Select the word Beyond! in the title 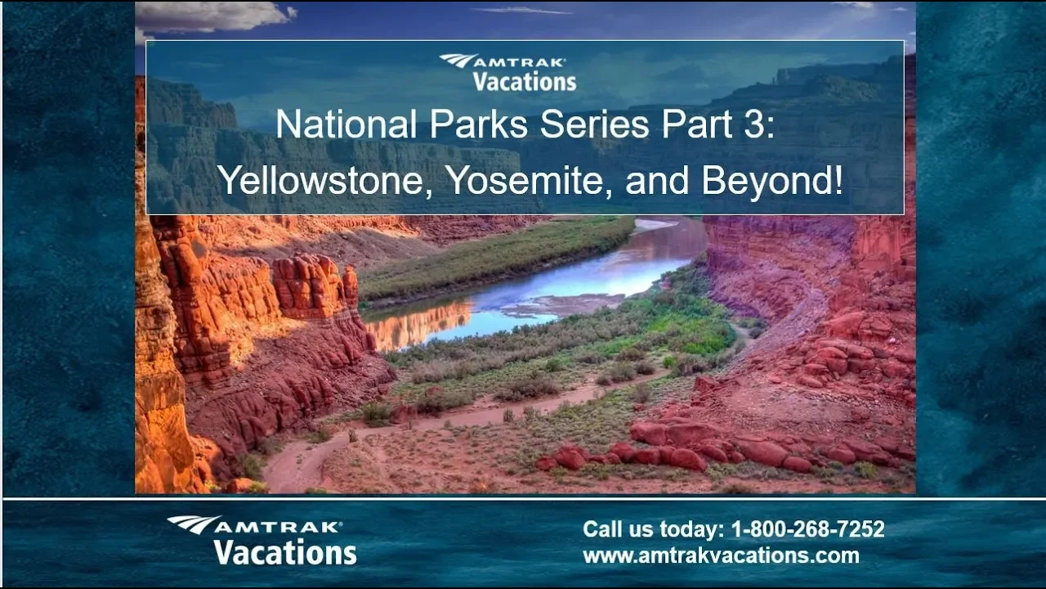pyautogui.click(x=772, y=182)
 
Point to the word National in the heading pyautogui.click(x=346, y=124)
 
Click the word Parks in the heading pyautogui.click(x=479, y=124)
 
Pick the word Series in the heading pyautogui.click(x=594, y=124)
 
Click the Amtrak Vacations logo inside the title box pyautogui.click(x=507, y=73)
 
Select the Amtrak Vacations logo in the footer pyautogui.click(x=262, y=541)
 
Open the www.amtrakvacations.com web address pyautogui.click(x=721, y=555)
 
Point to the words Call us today pyautogui.click(x=654, y=529)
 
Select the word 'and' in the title pyautogui.click(x=657, y=181)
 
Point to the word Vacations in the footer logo pyautogui.click(x=285, y=552)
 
